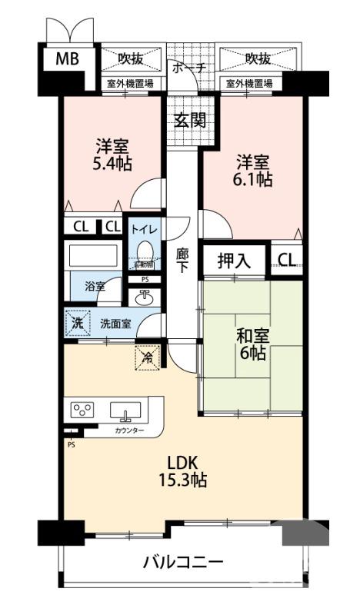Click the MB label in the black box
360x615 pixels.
67,58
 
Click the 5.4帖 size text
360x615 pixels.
112,163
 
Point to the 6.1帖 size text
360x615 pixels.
253,179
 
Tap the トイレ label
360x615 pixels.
144,229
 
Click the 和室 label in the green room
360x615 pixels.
251,335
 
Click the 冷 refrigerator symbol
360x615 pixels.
147,356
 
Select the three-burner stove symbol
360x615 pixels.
82,410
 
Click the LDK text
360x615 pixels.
183,463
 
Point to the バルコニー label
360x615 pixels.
183,561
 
